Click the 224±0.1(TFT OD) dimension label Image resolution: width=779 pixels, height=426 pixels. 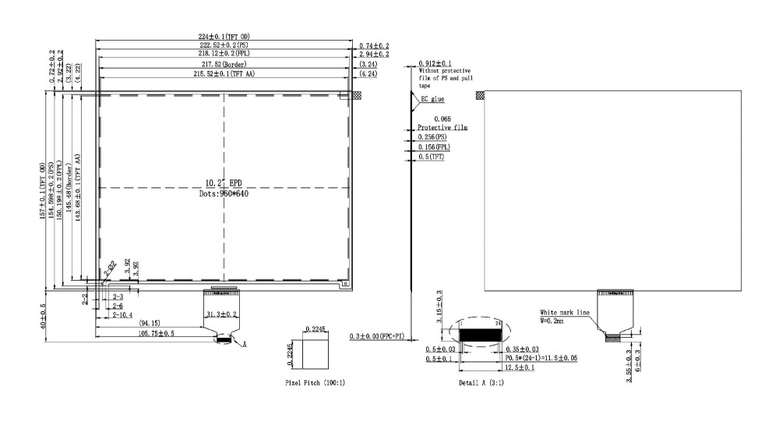tap(223, 37)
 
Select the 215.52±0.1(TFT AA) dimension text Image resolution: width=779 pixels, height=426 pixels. tap(223, 73)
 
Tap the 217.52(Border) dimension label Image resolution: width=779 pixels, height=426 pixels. tap(223, 64)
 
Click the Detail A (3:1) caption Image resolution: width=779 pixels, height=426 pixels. tap(480, 384)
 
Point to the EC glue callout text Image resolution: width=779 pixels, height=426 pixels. tap(433, 100)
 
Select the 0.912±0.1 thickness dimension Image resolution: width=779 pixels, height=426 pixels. tap(435, 63)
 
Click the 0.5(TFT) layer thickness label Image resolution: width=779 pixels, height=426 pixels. tap(433, 157)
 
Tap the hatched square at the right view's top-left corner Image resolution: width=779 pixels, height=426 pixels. tap(480, 95)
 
